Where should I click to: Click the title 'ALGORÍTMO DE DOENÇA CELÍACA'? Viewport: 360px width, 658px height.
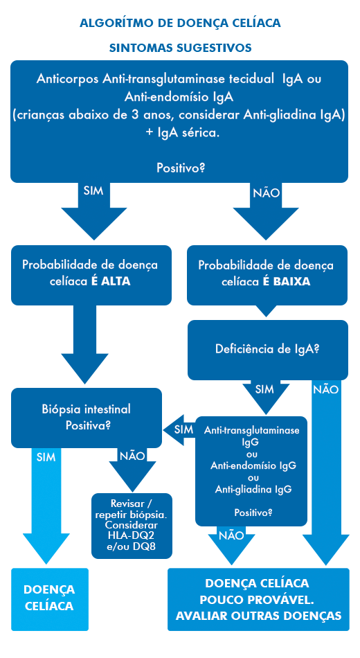(180, 23)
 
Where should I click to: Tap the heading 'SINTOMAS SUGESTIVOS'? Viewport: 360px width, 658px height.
(181, 48)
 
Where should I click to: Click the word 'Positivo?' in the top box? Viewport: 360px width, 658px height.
(181, 168)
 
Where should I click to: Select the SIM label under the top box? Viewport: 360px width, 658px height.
(93, 191)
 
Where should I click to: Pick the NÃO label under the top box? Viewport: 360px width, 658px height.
(266, 193)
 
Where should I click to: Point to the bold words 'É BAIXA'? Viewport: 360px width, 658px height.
(287, 282)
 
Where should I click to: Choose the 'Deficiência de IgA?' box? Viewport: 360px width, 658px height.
(267, 350)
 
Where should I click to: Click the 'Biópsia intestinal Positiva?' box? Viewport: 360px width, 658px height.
(87, 418)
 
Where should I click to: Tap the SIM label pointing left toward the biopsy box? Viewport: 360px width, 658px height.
(183, 429)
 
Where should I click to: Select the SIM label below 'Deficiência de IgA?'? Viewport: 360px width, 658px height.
(264, 389)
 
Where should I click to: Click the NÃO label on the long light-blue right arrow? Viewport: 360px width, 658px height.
(325, 390)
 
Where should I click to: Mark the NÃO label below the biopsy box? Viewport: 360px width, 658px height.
(132, 456)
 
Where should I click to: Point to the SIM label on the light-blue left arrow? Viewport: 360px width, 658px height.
(46, 457)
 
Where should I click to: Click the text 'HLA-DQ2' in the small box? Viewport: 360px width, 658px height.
(132, 535)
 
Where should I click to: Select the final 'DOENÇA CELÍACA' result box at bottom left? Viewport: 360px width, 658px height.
(50, 599)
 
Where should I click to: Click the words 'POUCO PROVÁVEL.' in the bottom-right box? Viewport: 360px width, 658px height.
(258, 600)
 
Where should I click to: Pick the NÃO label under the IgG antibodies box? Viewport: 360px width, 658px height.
(231, 535)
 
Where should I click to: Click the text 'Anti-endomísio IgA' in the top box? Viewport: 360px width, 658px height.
(179, 97)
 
